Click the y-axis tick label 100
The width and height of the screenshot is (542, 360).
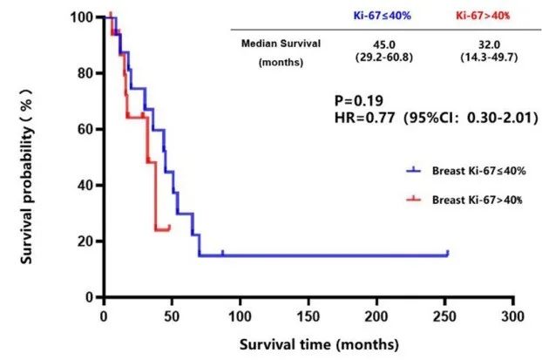(x=82, y=17)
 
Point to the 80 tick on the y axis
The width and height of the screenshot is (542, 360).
(x=85, y=73)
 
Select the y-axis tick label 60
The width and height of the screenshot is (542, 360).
(x=85, y=129)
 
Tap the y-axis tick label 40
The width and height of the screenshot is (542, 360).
(x=85, y=185)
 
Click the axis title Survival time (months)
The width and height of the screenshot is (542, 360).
(x=308, y=343)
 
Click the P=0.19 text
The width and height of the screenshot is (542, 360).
(x=358, y=100)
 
